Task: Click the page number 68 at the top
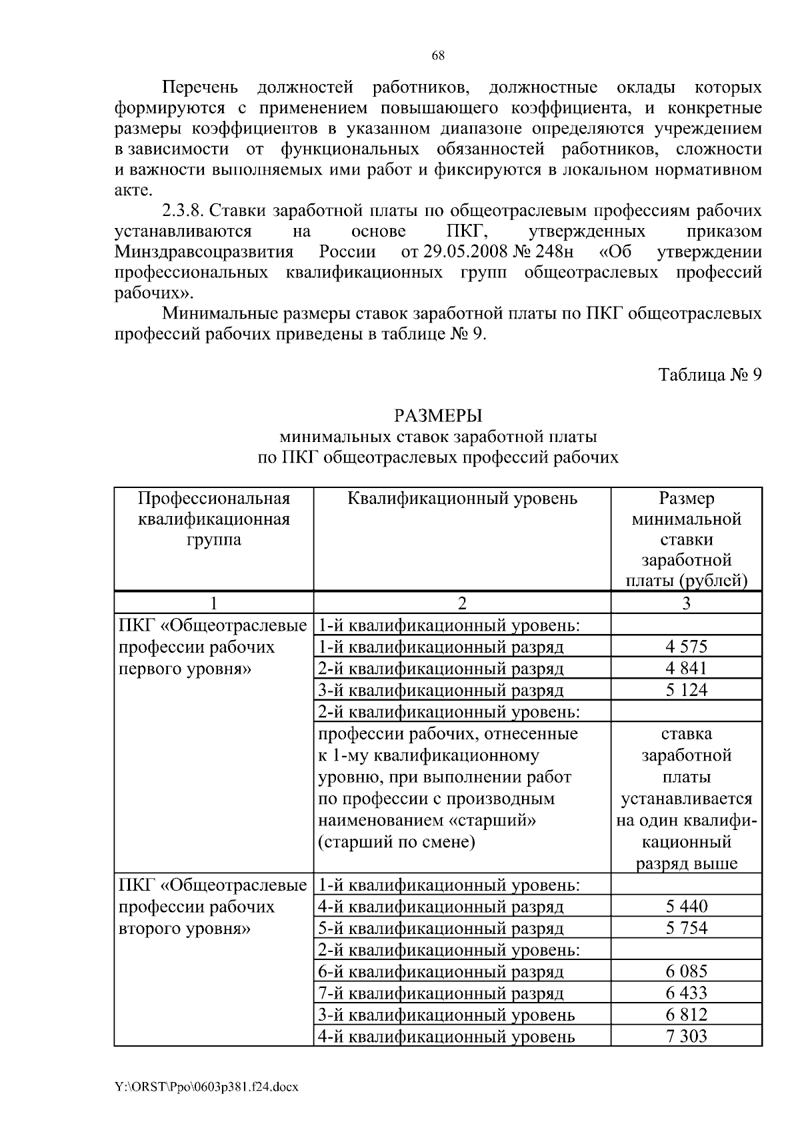pyautogui.click(x=438, y=56)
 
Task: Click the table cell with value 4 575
pyautogui.click(x=686, y=647)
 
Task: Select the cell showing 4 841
pyautogui.click(x=686, y=668)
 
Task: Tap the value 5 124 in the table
pyautogui.click(x=686, y=690)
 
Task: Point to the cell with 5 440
pyautogui.click(x=686, y=907)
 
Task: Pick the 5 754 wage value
pyautogui.click(x=686, y=928)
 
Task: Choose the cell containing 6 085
pyautogui.click(x=686, y=971)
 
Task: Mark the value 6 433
pyautogui.click(x=686, y=993)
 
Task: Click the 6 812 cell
pyautogui.click(x=686, y=1015)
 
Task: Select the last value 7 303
pyautogui.click(x=686, y=1036)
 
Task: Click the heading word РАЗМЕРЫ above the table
pyautogui.click(x=438, y=416)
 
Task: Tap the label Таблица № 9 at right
pyautogui.click(x=710, y=375)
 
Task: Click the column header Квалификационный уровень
pyautogui.click(x=463, y=499)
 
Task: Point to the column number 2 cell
pyautogui.click(x=462, y=603)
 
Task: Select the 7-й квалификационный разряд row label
pyautogui.click(x=441, y=993)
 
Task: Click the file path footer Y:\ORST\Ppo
pyautogui.click(x=206, y=1087)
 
